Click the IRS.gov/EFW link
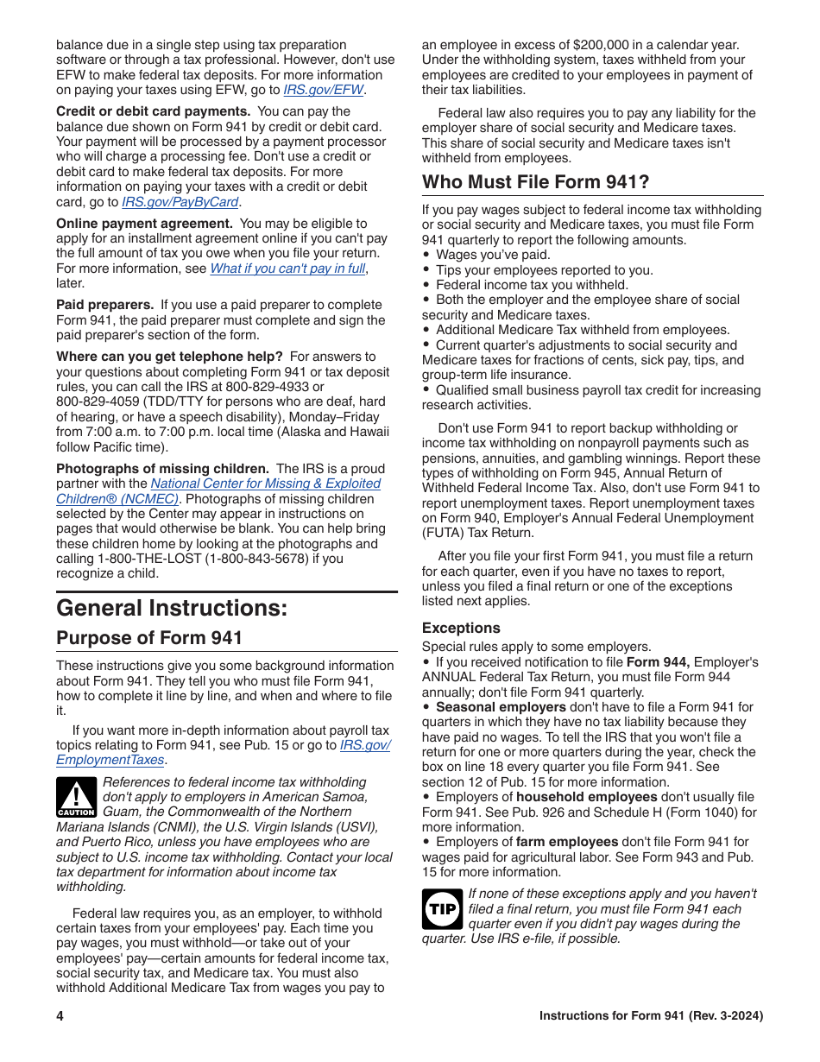tap(324, 90)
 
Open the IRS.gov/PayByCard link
tap(180, 202)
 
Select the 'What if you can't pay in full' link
tap(287, 269)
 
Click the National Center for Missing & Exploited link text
tap(265, 484)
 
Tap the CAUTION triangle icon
tap(76, 797)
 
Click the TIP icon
tap(442, 909)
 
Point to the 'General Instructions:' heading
tap(172, 608)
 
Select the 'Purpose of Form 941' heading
tap(149, 638)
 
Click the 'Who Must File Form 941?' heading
tap(535, 182)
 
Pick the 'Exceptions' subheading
tap(461, 628)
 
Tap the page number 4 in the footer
tap(60, 1016)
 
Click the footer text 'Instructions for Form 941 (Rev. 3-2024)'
tap(651, 1016)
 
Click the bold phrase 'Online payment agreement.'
tap(144, 224)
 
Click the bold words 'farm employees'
tap(566, 842)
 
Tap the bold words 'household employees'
tap(586, 797)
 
